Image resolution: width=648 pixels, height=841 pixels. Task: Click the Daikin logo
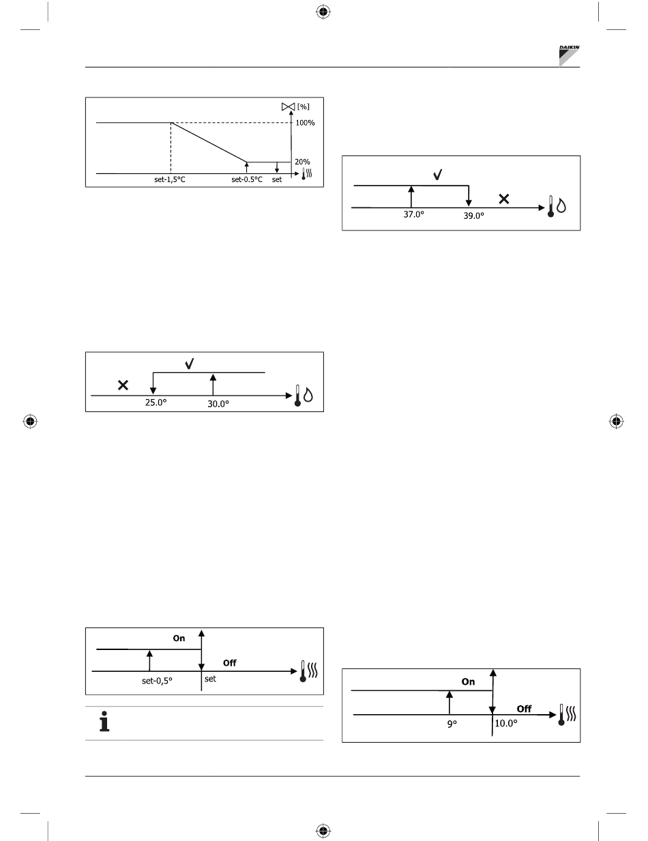(569, 56)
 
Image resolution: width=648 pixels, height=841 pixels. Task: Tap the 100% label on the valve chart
(305, 123)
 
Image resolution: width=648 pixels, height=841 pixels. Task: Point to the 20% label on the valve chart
(302, 162)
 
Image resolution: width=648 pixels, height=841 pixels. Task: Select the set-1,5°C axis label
(169, 179)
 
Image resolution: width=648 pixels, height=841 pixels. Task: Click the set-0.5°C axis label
(247, 179)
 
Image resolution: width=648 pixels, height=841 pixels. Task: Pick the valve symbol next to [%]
(289, 106)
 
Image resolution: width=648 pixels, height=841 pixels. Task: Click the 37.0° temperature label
(413, 214)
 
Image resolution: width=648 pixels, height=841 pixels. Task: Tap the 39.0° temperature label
(473, 216)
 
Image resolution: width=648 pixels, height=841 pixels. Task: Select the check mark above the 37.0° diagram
(437, 175)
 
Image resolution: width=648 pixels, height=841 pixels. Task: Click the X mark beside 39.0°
(503, 199)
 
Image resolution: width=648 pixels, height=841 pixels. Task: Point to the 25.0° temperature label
(156, 402)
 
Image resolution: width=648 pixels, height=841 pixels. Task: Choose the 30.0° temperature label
(218, 404)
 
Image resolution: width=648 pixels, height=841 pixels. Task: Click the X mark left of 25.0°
(123, 385)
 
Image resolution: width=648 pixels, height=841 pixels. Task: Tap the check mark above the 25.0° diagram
(189, 364)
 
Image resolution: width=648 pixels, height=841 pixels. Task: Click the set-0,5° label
(157, 681)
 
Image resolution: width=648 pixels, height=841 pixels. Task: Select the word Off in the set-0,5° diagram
(229, 663)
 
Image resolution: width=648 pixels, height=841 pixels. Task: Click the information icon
(104, 722)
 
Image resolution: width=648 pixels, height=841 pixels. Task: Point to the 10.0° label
(505, 724)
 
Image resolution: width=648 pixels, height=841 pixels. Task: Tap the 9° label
(452, 724)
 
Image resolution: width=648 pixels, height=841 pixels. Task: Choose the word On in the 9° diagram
(468, 681)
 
